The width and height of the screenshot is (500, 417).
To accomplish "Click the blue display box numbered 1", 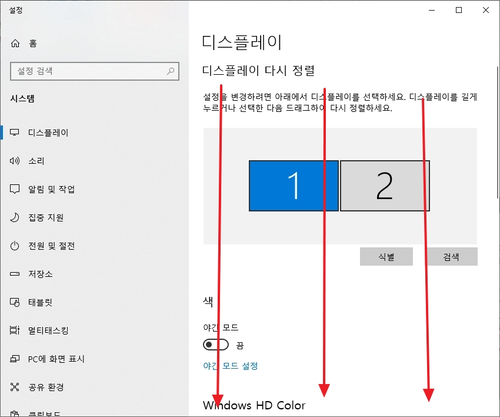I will pyautogui.click(x=294, y=186).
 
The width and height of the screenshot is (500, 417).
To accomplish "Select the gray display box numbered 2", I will pyautogui.click(x=385, y=186).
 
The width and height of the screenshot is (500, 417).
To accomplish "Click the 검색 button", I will pyautogui.click(x=451, y=257).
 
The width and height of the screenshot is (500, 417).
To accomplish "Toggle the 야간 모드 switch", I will pyautogui.click(x=215, y=345).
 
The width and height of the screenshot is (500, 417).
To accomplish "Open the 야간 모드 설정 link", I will pyautogui.click(x=231, y=366).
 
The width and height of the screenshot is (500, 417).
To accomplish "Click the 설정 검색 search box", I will pyautogui.click(x=88, y=71).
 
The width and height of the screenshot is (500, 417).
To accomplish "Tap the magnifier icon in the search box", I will pyautogui.click(x=171, y=71).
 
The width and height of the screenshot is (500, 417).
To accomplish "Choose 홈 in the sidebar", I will pyautogui.click(x=32, y=43).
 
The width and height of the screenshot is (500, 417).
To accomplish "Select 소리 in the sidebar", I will pyautogui.click(x=36, y=161).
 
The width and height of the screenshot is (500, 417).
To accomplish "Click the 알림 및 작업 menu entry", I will pyautogui.click(x=51, y=189).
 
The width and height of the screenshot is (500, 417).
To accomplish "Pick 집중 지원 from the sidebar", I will pyautogui.click(x=45, y=217).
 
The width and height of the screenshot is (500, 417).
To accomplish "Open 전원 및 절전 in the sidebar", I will pyautogui.click(x=51, y=246).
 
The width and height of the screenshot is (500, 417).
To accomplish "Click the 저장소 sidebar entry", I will pyautogui.click(x=40, y=274).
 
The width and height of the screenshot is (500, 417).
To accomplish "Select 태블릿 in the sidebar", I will pyautogui.click(x=40, y=302).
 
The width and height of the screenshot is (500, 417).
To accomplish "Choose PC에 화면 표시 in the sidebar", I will pyautogui.click(x=56, y=359).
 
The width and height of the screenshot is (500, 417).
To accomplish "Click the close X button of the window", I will pyautogui.click(x=485, y=10).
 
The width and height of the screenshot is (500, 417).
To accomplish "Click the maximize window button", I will pyautogui.click(x=459, y=10).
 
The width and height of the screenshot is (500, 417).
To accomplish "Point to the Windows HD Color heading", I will pyautogui.click(x=254, y=405).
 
